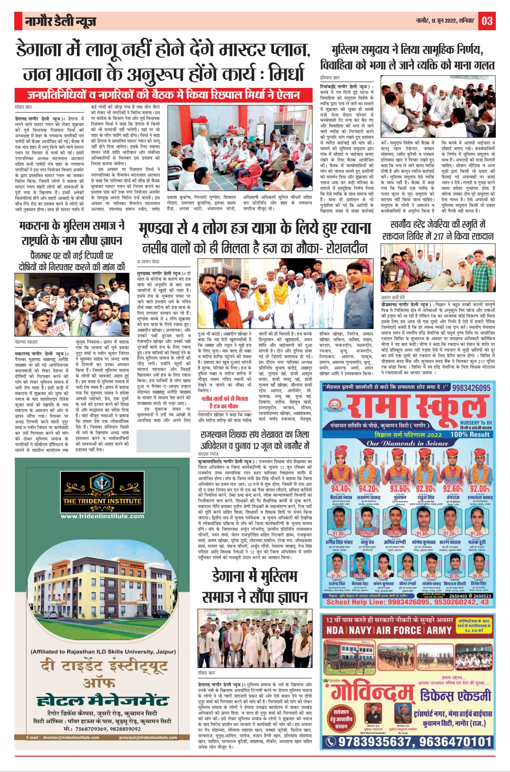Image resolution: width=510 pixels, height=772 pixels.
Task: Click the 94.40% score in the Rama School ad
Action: coord(340,488)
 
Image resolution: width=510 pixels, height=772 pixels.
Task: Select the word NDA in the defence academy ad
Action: coord(335,630)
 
